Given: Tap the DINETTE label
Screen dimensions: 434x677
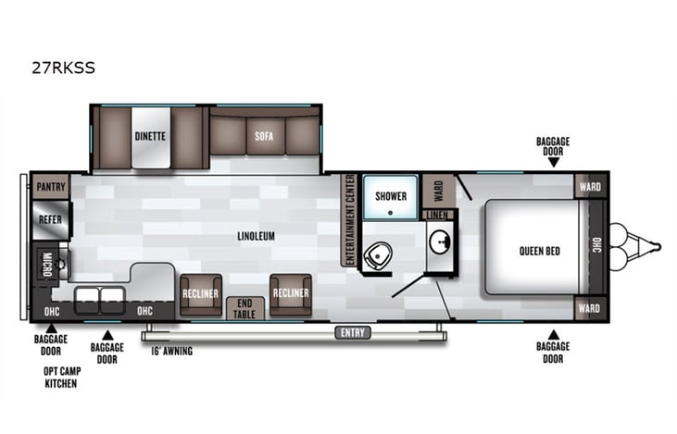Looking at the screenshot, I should [149, 137].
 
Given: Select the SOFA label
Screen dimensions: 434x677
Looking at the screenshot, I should [263, 137].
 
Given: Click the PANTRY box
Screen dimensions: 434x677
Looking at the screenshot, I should [51, 186].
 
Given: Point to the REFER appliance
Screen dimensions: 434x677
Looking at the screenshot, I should [49, 219].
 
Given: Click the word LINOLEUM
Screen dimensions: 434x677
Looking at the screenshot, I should [256, 236].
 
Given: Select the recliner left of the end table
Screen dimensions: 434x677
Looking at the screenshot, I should [200, 293].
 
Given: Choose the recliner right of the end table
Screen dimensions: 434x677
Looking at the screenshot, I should [290, 293].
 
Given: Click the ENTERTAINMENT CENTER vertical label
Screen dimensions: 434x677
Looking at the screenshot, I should [350, 219].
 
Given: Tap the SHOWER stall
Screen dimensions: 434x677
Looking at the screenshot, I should [391, 195].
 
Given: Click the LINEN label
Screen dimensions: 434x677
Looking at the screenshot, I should [438, 215].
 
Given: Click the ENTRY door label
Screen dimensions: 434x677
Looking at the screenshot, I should [353, 332].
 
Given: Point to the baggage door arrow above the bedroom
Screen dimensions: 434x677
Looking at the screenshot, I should [553, 162].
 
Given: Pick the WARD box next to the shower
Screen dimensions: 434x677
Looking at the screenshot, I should [438, 190].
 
